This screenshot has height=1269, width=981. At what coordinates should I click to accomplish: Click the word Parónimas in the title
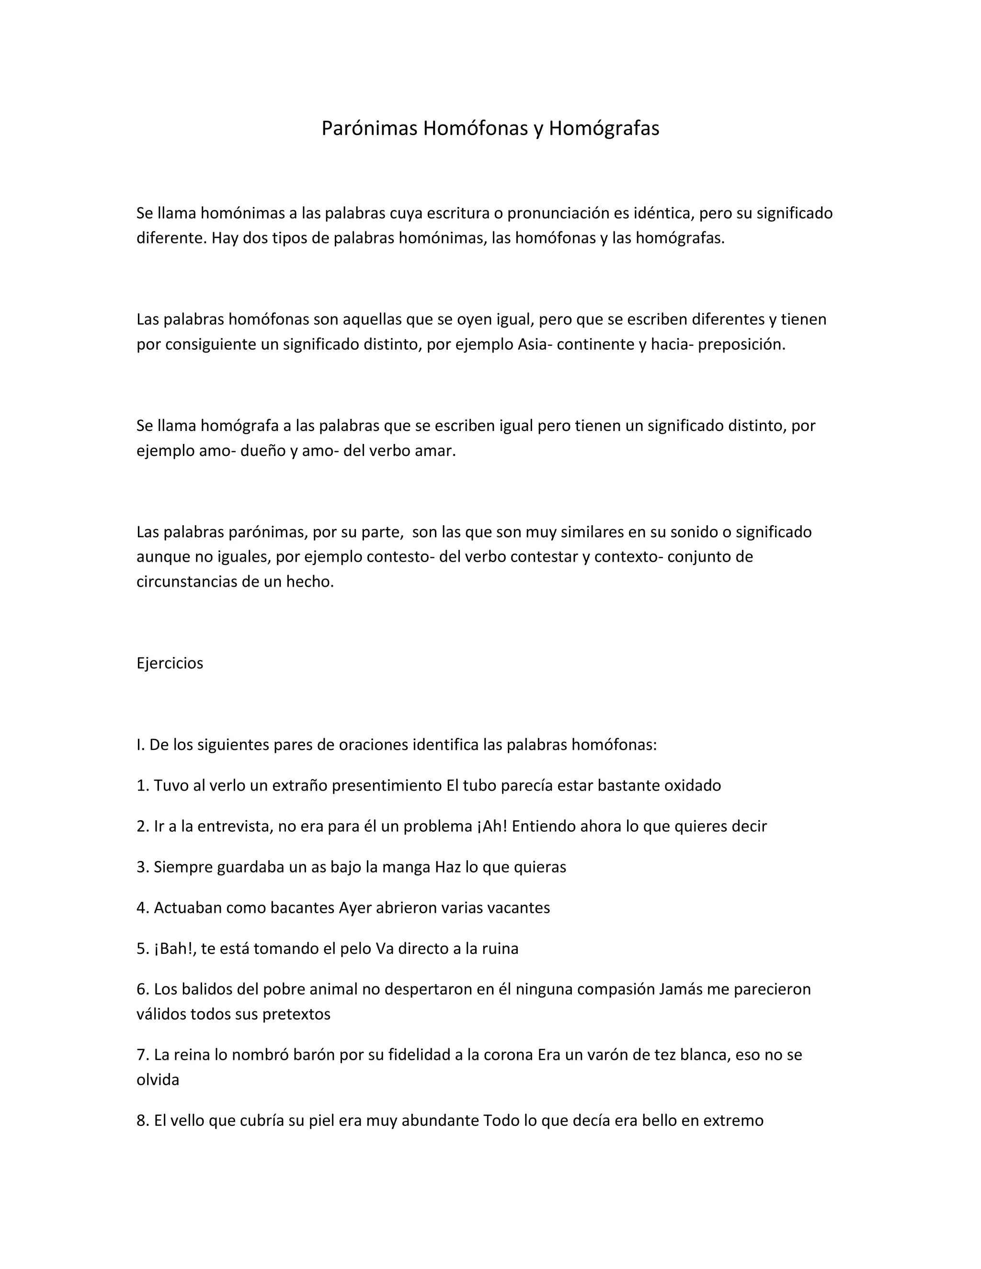coord(369,128)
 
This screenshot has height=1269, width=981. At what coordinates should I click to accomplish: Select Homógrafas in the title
coord(604,128)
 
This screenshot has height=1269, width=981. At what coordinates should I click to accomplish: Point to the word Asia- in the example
coord(535,345)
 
